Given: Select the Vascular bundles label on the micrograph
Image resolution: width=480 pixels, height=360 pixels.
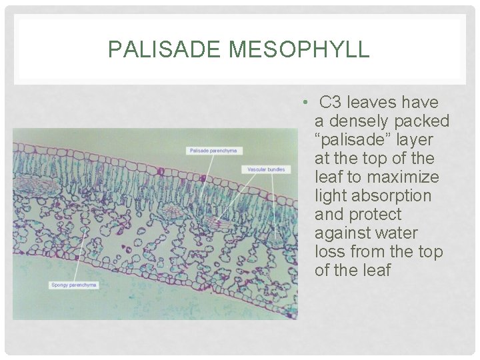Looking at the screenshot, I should [266, 169].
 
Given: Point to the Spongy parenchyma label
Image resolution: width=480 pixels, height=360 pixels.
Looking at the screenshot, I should [73, 285].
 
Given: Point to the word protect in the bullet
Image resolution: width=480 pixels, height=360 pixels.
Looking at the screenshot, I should [377, 215].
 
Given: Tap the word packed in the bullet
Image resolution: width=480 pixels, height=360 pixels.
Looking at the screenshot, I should [425, 121].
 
